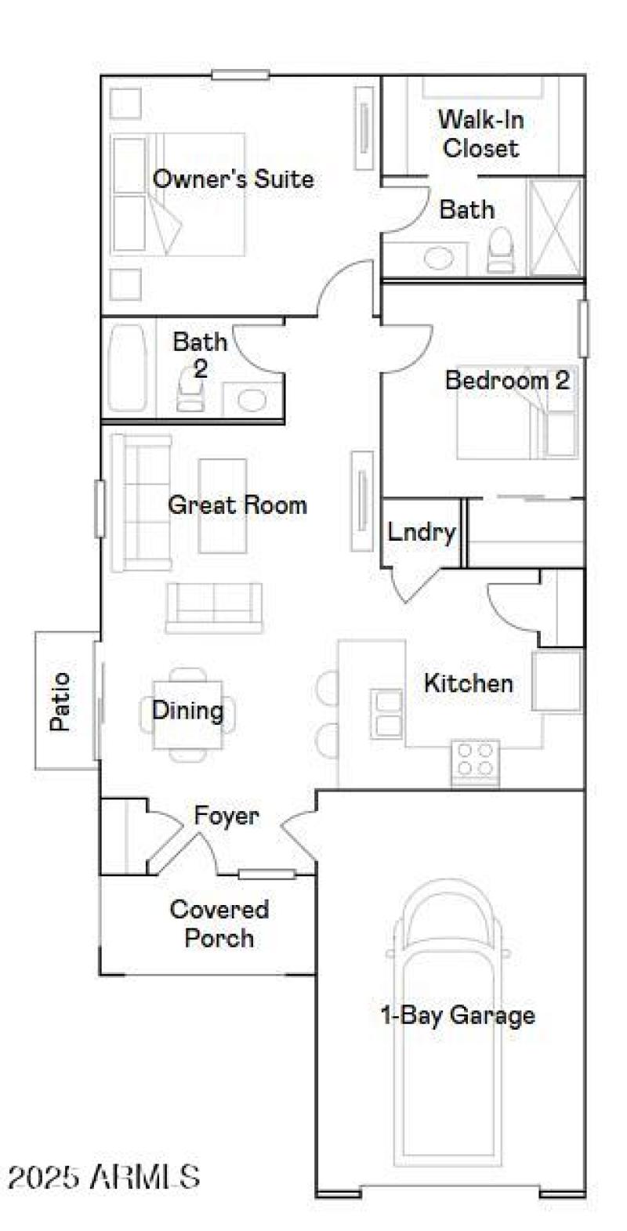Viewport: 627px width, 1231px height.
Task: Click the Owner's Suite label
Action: tap(233, 179)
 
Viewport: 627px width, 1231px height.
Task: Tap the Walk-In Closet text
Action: tap(480, 134)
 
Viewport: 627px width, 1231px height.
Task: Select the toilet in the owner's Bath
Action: tap(500, 251)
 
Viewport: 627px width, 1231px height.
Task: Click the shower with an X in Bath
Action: tap(555, 227)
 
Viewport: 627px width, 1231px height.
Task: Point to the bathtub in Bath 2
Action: tap(128, 368)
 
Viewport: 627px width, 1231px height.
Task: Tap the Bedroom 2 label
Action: tap(506, 381)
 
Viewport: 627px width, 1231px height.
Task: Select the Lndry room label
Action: tap(421, 533)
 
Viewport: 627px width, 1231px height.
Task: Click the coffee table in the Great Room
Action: tap(223, 506)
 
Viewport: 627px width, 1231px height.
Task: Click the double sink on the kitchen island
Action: tap(387, 712)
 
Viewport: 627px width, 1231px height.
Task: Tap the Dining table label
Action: tap(187, 711)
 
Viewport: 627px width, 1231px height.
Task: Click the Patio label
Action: tap(60, 701)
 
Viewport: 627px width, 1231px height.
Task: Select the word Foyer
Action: tap(227, 816)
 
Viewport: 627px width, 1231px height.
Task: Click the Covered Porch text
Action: tap(219, 924)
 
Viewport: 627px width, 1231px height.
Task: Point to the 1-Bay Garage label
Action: tap(457, 1016)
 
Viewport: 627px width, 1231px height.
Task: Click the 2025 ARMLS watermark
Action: tap(103, 1176)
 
